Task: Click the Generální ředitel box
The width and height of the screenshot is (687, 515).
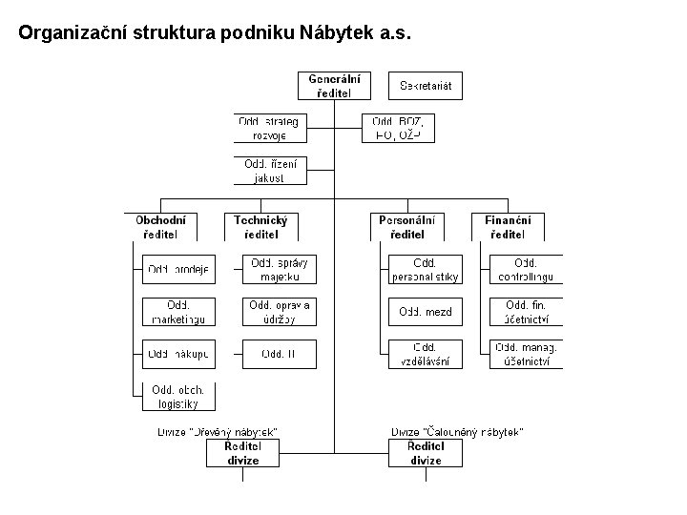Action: click(334, 86)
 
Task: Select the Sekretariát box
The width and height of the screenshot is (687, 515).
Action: click(425, 86)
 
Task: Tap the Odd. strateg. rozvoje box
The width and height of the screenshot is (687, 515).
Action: click(269, 128)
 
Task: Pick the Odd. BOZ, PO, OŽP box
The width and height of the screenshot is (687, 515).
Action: click(399, 128)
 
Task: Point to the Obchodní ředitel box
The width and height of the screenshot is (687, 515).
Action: click(160, 227)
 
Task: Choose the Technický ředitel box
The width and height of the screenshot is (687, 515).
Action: click(260, 227)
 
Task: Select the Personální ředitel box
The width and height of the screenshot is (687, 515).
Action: click(407, 227)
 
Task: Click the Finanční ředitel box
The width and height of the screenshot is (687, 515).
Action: click(508, 227)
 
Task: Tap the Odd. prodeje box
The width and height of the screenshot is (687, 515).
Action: click(178, 269)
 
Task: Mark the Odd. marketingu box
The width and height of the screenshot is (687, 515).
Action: click(178, 311)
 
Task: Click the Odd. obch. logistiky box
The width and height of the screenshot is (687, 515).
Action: click(178, 396)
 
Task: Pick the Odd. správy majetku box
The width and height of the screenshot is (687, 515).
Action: click(279, 269)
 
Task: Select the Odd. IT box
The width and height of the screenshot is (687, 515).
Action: click(279, 354)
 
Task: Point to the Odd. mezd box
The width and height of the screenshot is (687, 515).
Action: click(425, 311)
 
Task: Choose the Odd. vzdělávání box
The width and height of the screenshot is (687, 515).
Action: click(425, 354)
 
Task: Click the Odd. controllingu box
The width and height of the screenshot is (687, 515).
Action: click(526, 269)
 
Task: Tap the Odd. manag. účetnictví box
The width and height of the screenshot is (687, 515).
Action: click(526, 354)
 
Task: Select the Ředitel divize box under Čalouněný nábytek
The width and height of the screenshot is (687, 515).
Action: click(426, 453)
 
